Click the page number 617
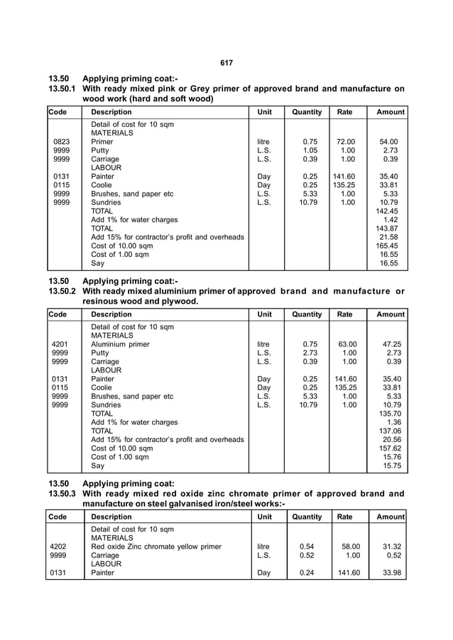[x=226, y=62]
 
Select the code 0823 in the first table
[x=61, y=142]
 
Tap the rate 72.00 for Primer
[x=346, y=142]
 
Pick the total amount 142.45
[x=387, y=211]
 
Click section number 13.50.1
[x=62, y=89]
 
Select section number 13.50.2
[x=62, y=291]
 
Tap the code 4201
[x=61, y=344]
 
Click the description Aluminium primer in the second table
[x=120, y=344]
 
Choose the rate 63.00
[x=346, y=344]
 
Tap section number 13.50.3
[x=62, y=494]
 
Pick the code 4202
[x=61, y=547]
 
